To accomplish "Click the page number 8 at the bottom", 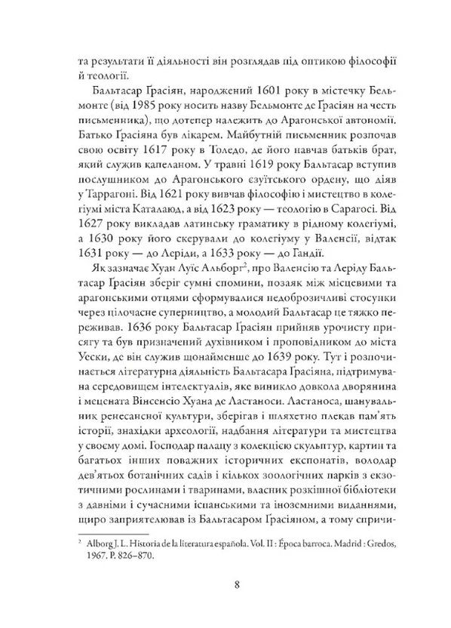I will tap(227, 582).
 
